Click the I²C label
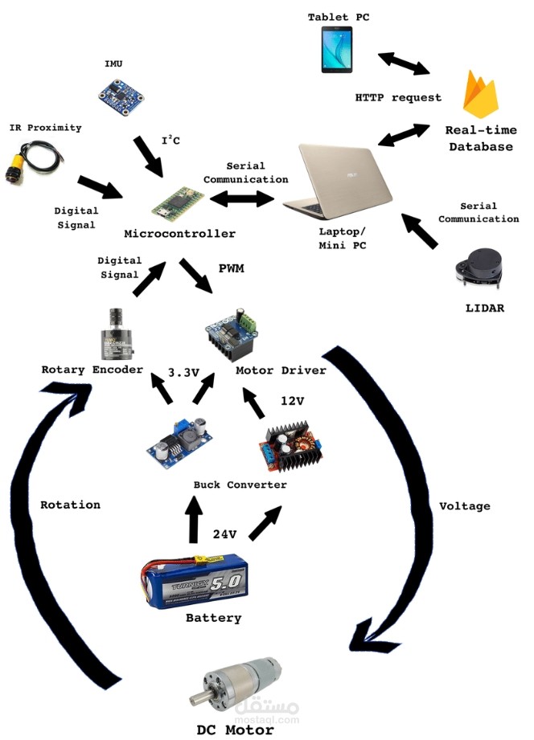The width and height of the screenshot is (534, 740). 170,141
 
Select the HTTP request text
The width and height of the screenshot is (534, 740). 398,97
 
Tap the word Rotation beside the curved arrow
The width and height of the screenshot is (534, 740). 70,505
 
